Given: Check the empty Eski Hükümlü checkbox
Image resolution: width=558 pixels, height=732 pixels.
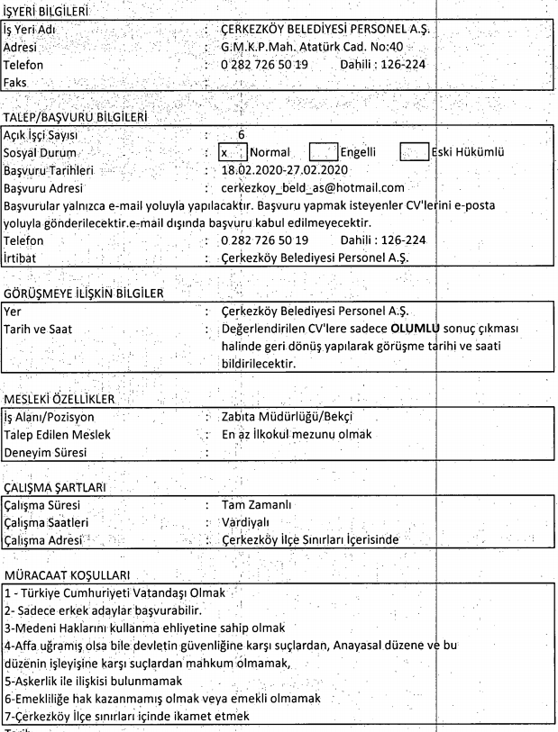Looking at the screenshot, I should [414, 152].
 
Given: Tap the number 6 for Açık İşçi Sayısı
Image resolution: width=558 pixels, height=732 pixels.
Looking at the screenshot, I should [241, 135].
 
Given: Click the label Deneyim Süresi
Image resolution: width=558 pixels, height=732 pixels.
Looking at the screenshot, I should [45, 453].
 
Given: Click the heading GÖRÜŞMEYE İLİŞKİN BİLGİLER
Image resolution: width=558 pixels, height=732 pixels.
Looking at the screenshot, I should [84, 294].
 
